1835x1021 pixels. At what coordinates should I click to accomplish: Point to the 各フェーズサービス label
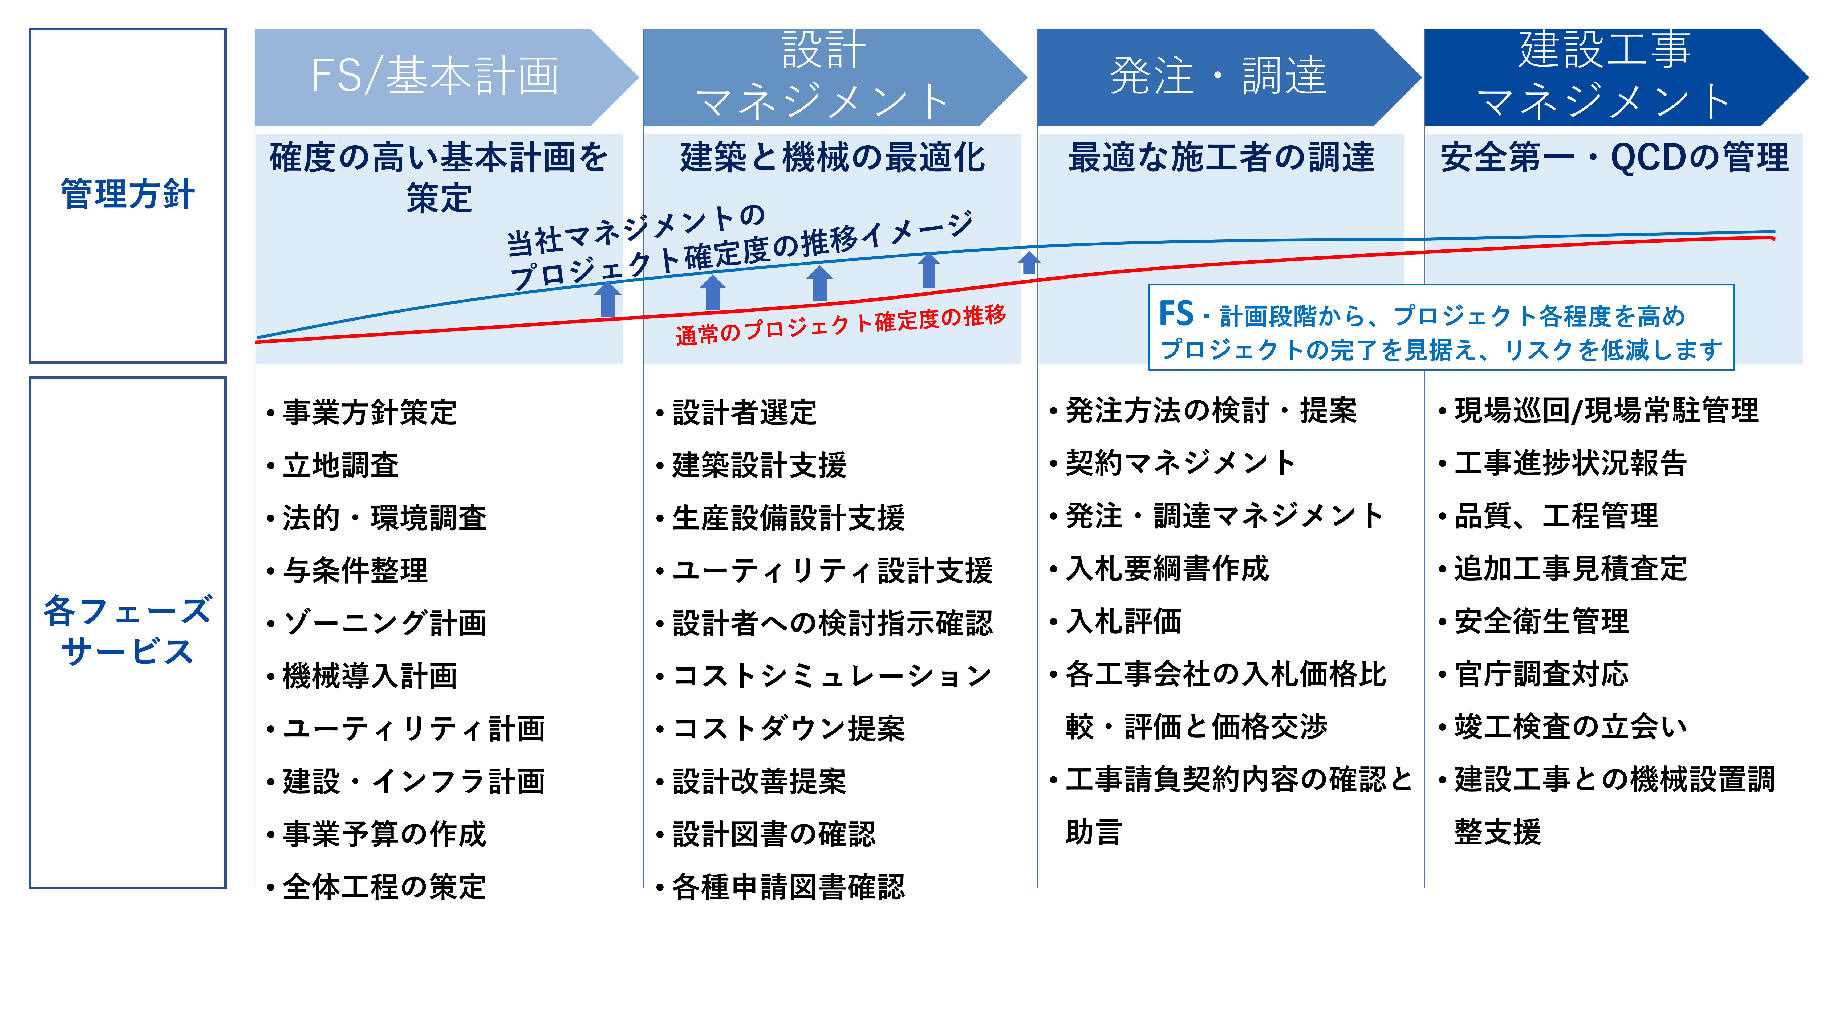coord(128,631)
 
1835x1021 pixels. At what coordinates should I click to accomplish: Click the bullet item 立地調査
coord(340,465)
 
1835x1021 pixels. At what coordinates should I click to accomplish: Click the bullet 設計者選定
coord(744,412)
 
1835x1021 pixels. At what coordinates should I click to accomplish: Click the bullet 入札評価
coord(1123,621)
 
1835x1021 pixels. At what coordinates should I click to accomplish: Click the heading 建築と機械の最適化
coord(832,157)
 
